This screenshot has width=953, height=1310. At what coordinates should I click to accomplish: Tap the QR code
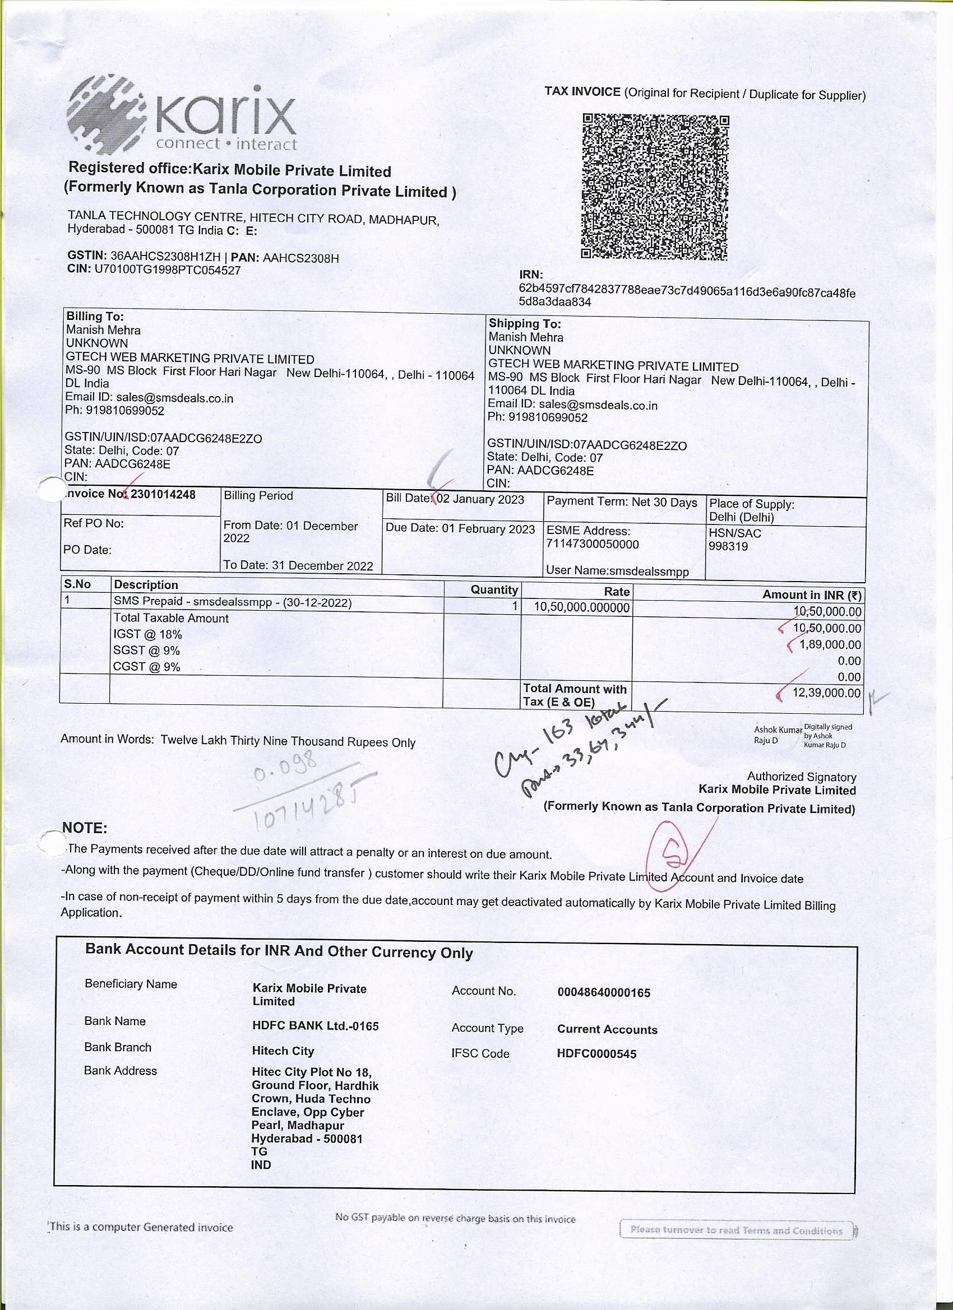[655, 187]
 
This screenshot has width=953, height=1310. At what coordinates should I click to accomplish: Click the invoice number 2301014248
[163, 494]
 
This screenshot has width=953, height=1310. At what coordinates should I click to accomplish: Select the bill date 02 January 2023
[480, 500]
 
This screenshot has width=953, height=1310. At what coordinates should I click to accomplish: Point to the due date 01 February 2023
[488, 528]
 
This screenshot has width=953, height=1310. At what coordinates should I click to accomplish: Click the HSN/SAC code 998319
[728, 546]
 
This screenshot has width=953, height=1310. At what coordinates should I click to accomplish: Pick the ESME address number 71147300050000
[593, 544]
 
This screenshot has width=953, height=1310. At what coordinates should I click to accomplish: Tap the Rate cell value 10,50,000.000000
[581, 607]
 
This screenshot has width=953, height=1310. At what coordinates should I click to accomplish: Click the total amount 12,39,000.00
[826, 693]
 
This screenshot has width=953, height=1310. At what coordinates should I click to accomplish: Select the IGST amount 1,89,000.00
[830, 644]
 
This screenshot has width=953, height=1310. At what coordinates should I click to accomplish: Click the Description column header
[146, 584]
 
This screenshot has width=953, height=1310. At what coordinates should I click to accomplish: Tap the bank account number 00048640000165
[603, 993]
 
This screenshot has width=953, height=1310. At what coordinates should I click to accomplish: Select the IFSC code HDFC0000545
[596, 1053]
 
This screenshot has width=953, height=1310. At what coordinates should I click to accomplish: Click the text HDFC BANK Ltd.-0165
[315, 1026]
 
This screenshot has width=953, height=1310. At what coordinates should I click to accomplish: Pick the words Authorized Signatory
[801, 777]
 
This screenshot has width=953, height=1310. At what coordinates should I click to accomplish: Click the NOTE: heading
[85, 828]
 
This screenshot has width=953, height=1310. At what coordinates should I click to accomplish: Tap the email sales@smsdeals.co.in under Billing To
[174, 398]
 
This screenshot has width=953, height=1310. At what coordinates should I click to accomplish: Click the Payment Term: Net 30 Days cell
[622, 503]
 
